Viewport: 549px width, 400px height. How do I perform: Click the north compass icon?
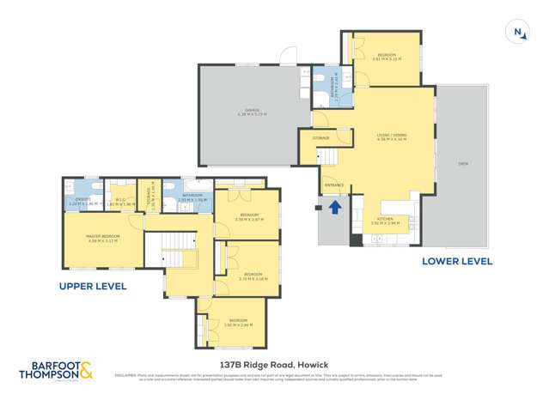519,32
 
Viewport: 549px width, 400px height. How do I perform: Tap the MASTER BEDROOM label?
103,238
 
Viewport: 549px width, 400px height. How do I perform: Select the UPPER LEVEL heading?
93,286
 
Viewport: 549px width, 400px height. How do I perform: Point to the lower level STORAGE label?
321,138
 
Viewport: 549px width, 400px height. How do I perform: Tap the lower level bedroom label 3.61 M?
387,58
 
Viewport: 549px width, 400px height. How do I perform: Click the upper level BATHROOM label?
192,196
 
